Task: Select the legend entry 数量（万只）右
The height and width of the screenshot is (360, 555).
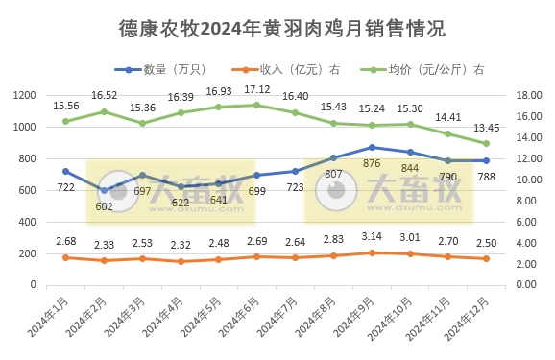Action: point(168,70)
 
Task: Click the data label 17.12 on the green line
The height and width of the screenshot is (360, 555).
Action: point(256,89)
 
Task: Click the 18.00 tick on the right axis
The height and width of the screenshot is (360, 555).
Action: point(531,96)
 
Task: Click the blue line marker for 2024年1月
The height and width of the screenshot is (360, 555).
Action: point(65,171)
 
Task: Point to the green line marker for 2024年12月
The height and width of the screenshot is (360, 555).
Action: point(486,143)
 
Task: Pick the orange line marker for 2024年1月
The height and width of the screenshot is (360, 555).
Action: point(65,257)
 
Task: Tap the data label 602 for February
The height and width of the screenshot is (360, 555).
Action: point(104,205)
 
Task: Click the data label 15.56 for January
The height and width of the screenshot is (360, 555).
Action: point(65,106)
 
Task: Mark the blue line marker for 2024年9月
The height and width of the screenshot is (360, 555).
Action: point(372,147)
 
